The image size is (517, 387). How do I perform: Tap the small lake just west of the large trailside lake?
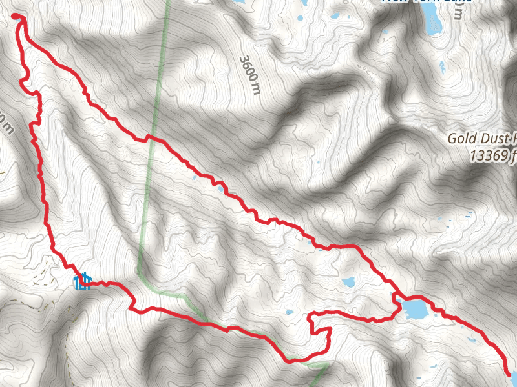[x=348, y=282]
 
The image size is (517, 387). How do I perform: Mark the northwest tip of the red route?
[x=16, y=18]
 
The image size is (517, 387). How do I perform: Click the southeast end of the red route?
[x=508, y=373]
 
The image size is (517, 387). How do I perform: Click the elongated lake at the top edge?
[x=432, y=23]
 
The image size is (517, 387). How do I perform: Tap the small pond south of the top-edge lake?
[x=442, y=65]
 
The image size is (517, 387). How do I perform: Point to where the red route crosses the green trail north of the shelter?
[x=149, y=137]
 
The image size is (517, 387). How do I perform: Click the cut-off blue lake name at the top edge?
[x=427, y=1]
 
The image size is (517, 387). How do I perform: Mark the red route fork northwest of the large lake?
[x=394, y=295]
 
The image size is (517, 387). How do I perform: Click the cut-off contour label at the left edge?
[x=5, y=123]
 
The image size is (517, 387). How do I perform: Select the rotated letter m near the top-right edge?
[x=458, y=14]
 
